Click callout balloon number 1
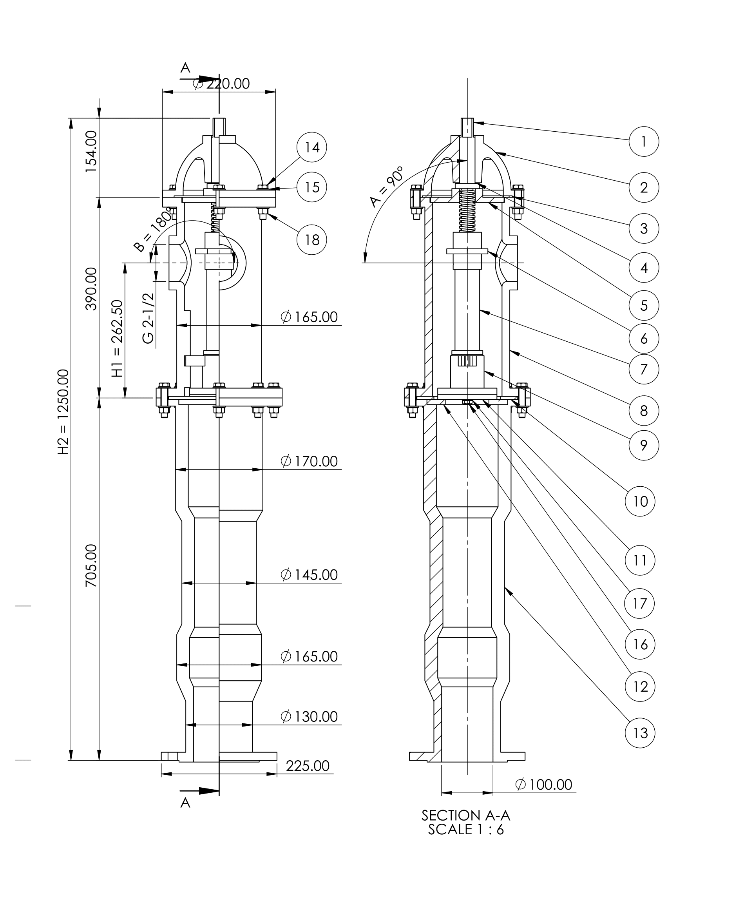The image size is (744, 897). click(644, 141)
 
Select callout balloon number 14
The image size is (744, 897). click(312, 147)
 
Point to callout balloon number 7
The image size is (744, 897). click(644, 369)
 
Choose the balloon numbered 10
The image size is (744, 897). click(639, 501)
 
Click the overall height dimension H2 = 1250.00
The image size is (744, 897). click(63, 412)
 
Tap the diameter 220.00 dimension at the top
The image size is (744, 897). click(222, 84)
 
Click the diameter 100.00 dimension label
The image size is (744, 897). click(544, 785)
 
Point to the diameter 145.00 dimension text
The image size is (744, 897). click(309, 575)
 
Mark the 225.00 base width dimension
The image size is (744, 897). click(308, 766)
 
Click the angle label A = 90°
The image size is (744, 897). click(387, 187)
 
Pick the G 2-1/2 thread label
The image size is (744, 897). click(148, 318)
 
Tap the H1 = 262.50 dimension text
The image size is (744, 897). click(117, 338)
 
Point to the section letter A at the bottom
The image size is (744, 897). click(185, 803)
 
